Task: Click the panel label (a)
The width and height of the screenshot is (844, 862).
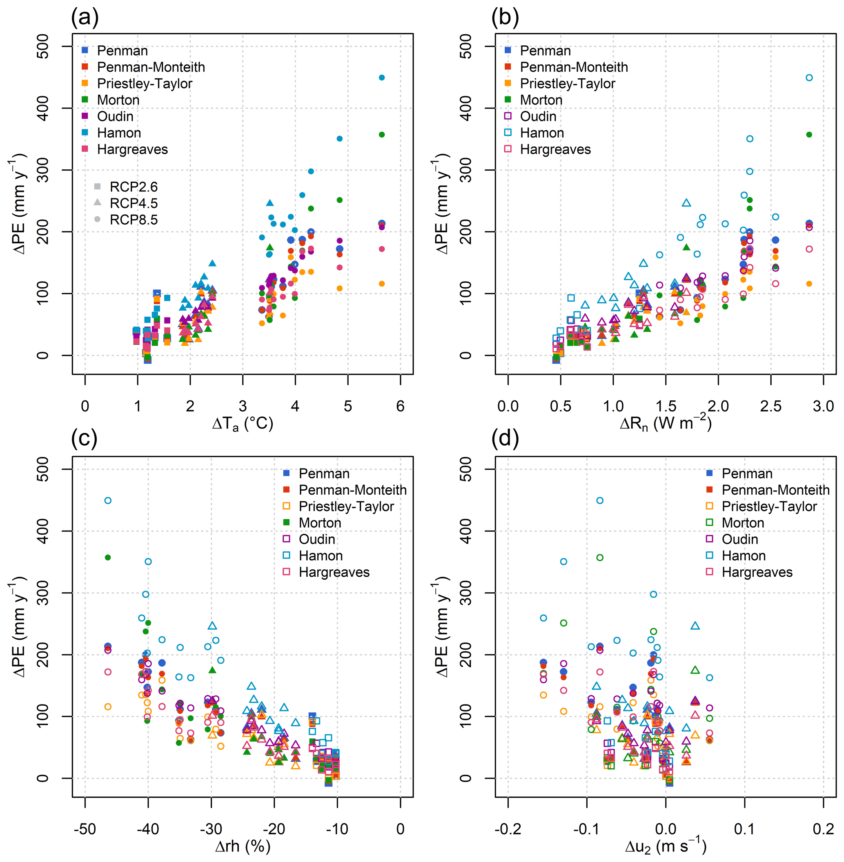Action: tap(84, 18)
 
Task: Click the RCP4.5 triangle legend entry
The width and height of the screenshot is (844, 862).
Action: tap(134, 203)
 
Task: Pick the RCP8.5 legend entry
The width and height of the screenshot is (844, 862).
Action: tap(134, 220)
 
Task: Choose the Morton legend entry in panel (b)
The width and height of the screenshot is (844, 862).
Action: tap(541, 100)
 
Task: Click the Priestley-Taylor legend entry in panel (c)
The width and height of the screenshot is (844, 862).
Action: tap(346, 506)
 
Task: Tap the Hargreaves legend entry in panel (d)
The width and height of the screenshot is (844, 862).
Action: tap(757, 572)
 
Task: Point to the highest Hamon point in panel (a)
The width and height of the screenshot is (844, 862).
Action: tap(382, 78)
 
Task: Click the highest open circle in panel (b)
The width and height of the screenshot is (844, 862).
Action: tap(809, 78)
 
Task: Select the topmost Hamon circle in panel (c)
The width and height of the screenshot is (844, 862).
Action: tap(108, 500)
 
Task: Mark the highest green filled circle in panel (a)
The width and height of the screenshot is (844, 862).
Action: tap(382, 135)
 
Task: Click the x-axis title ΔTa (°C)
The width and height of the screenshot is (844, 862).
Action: tap(243, 424)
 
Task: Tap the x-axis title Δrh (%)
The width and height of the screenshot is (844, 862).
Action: tap(243, 846)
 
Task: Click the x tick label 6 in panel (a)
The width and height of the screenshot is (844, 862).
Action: tap(400, 406)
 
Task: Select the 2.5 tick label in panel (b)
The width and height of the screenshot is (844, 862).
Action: tap(771, 406)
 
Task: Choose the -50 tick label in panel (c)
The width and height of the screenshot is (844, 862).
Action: tap(85, 829)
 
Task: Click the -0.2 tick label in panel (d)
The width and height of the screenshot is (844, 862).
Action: tap(508, 829)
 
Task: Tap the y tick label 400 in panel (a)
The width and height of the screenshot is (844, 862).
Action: tap(42, 108)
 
